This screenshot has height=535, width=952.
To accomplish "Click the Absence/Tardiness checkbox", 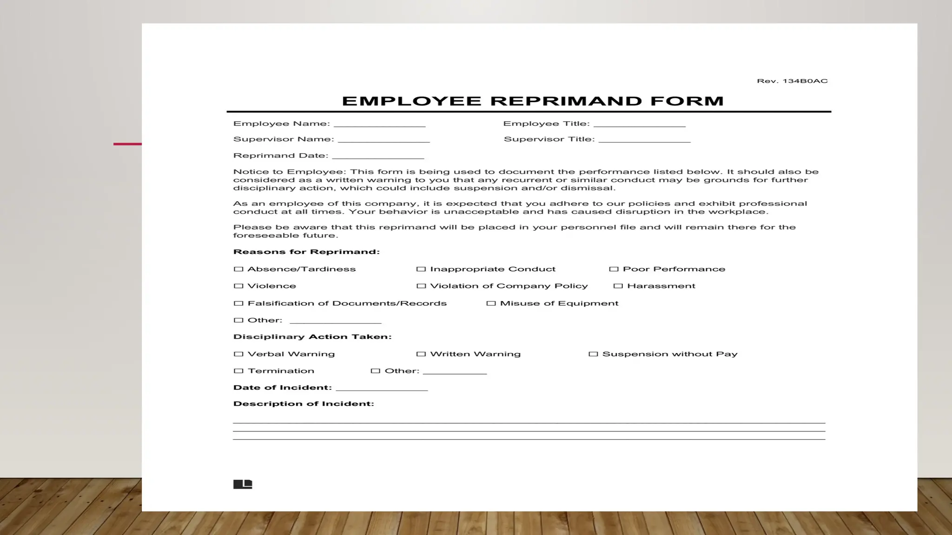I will click(238, 269).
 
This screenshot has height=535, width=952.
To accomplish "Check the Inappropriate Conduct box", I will click(421, 269).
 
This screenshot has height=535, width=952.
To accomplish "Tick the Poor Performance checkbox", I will click(614, 269).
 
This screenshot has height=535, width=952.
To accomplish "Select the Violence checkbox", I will click(238, 286).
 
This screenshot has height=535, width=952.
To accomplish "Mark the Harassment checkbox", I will click(618, 286).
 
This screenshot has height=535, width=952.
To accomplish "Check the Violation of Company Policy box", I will click(421, 286).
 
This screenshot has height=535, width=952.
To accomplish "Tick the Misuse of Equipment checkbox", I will click(491, 304).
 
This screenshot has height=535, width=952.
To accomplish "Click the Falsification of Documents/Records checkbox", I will click(238, 304).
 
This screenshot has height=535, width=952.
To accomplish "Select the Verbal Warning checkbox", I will click(238, 354).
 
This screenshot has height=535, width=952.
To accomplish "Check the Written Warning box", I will click(421, 354).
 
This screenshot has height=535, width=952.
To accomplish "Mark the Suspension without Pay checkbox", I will click(593, 354).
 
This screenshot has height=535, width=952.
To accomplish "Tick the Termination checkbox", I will click(238, 371).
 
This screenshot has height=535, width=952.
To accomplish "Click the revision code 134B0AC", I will click(805, 81).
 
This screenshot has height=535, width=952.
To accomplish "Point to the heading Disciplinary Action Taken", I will click(312, 337).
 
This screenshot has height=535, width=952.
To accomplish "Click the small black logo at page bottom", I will click(243, 484).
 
